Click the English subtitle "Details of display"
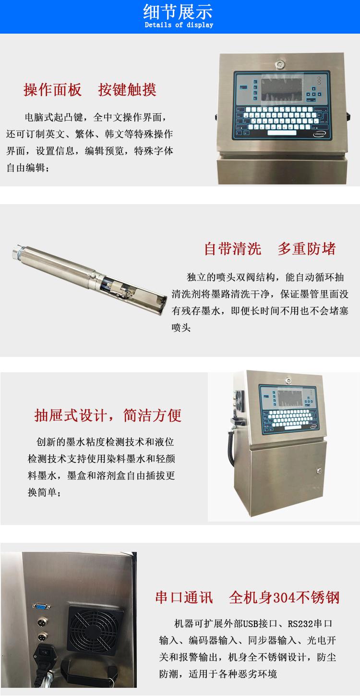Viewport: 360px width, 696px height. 179,25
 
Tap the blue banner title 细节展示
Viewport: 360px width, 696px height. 178,12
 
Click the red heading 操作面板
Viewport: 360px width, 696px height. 52,90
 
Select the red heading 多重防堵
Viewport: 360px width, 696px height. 307,249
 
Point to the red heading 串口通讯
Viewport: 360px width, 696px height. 184,598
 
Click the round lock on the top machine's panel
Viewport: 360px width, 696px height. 280,64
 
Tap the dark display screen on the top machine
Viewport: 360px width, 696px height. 282,90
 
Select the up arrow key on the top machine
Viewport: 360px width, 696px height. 314,88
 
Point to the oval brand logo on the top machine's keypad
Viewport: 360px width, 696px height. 320,134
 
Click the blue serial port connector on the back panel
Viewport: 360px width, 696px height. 41,606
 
